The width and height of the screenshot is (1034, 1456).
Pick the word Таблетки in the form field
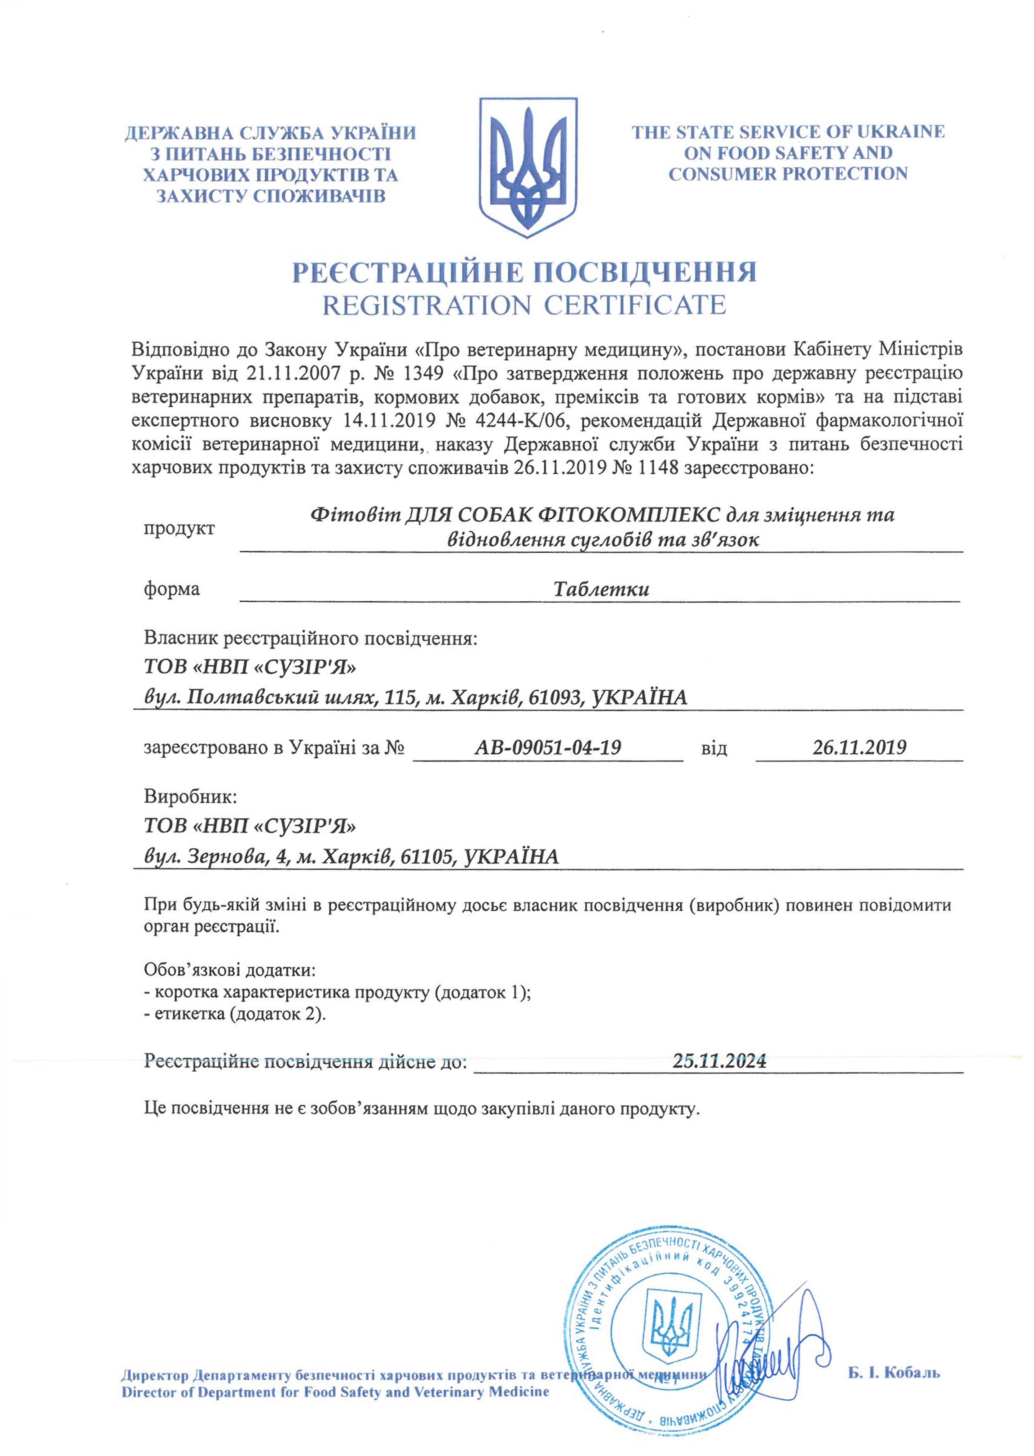601,589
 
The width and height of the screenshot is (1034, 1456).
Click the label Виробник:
190,796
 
